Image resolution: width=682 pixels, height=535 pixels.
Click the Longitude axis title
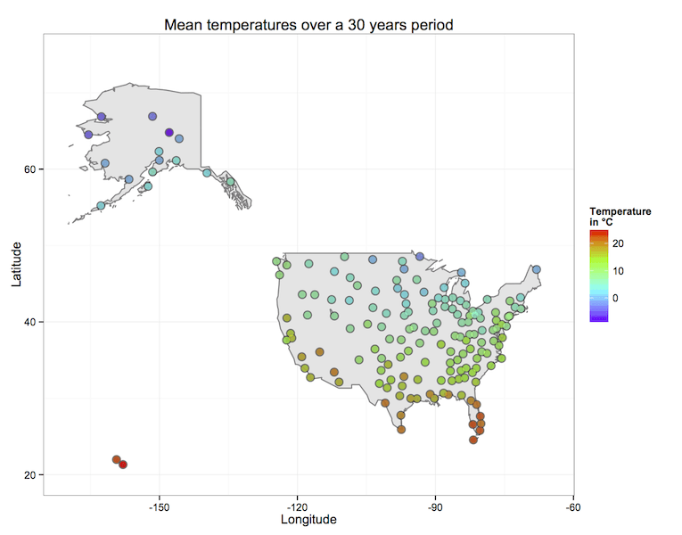coord(308,519)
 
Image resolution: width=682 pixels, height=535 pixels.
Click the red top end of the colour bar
coord(599,233)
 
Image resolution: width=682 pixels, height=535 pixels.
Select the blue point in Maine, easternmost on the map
coord(537,269)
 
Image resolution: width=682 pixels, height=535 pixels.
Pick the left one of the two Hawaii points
coord(117,459)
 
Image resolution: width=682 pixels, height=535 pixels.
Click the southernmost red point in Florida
coord(473,440)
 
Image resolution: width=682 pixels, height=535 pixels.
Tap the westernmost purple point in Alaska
coord(88,135)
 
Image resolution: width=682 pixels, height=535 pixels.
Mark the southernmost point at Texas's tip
coord(401,430)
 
